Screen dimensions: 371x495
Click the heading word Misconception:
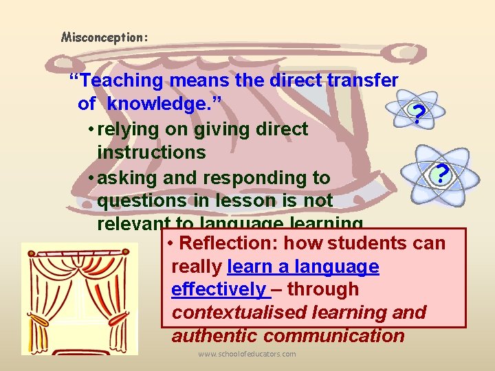click(x=104, y=37)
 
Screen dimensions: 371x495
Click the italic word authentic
click(x=214, y=336)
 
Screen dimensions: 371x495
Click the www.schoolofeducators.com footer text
click(x=247, y=354)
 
